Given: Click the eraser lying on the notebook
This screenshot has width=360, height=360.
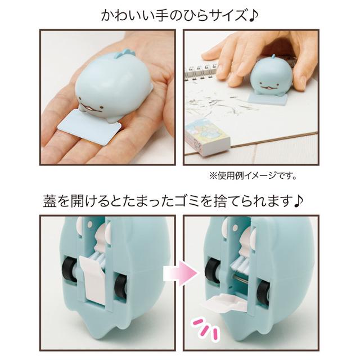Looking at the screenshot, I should coord(204,136).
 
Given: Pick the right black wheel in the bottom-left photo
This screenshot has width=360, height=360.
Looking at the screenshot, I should coord(119,285).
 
